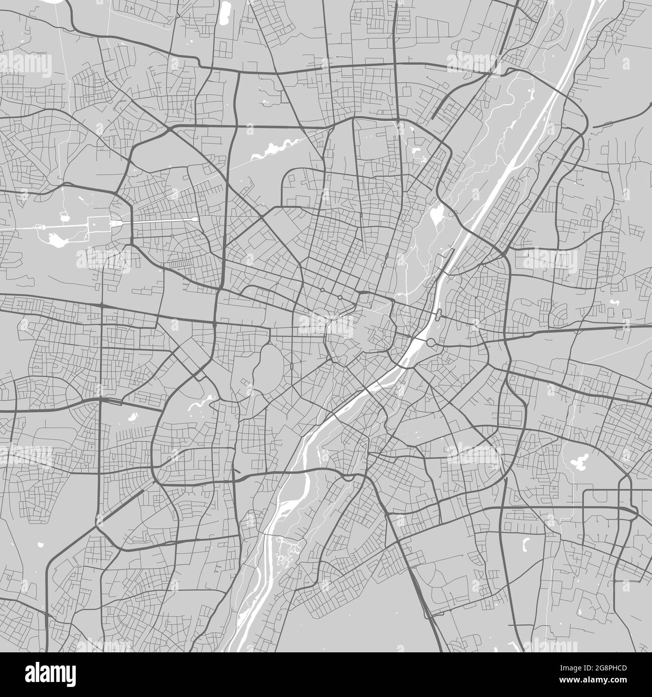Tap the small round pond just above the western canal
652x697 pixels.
coord(64,217)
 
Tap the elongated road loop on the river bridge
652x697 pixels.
coord(439,315)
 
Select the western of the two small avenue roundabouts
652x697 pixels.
coord(321,290)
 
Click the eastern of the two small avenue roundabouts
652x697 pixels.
coord(340,298)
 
